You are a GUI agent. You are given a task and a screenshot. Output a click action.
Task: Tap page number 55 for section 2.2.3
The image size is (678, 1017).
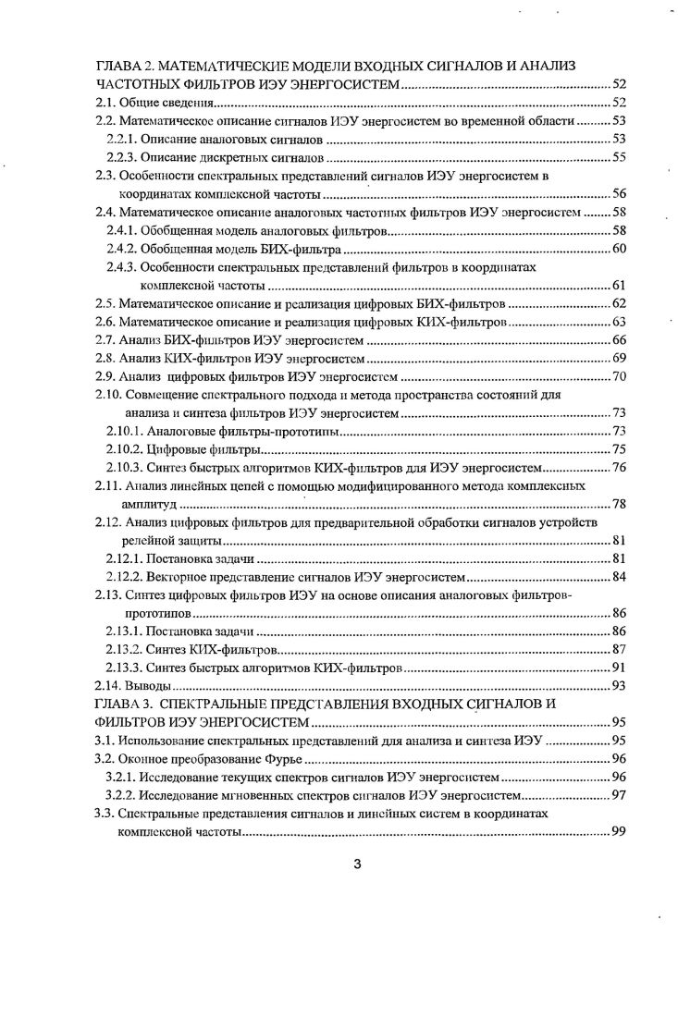point(619,156)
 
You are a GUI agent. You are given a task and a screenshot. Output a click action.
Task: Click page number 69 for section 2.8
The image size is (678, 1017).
point(619,359)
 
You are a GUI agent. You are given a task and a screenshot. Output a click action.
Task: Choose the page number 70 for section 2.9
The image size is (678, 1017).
point(619,376)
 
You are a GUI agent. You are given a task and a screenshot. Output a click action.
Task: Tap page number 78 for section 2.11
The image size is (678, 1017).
point(619,504)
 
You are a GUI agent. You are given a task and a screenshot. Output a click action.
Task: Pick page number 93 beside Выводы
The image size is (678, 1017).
point(619,685)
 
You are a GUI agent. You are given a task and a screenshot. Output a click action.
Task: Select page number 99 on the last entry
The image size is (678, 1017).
point(619,831)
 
